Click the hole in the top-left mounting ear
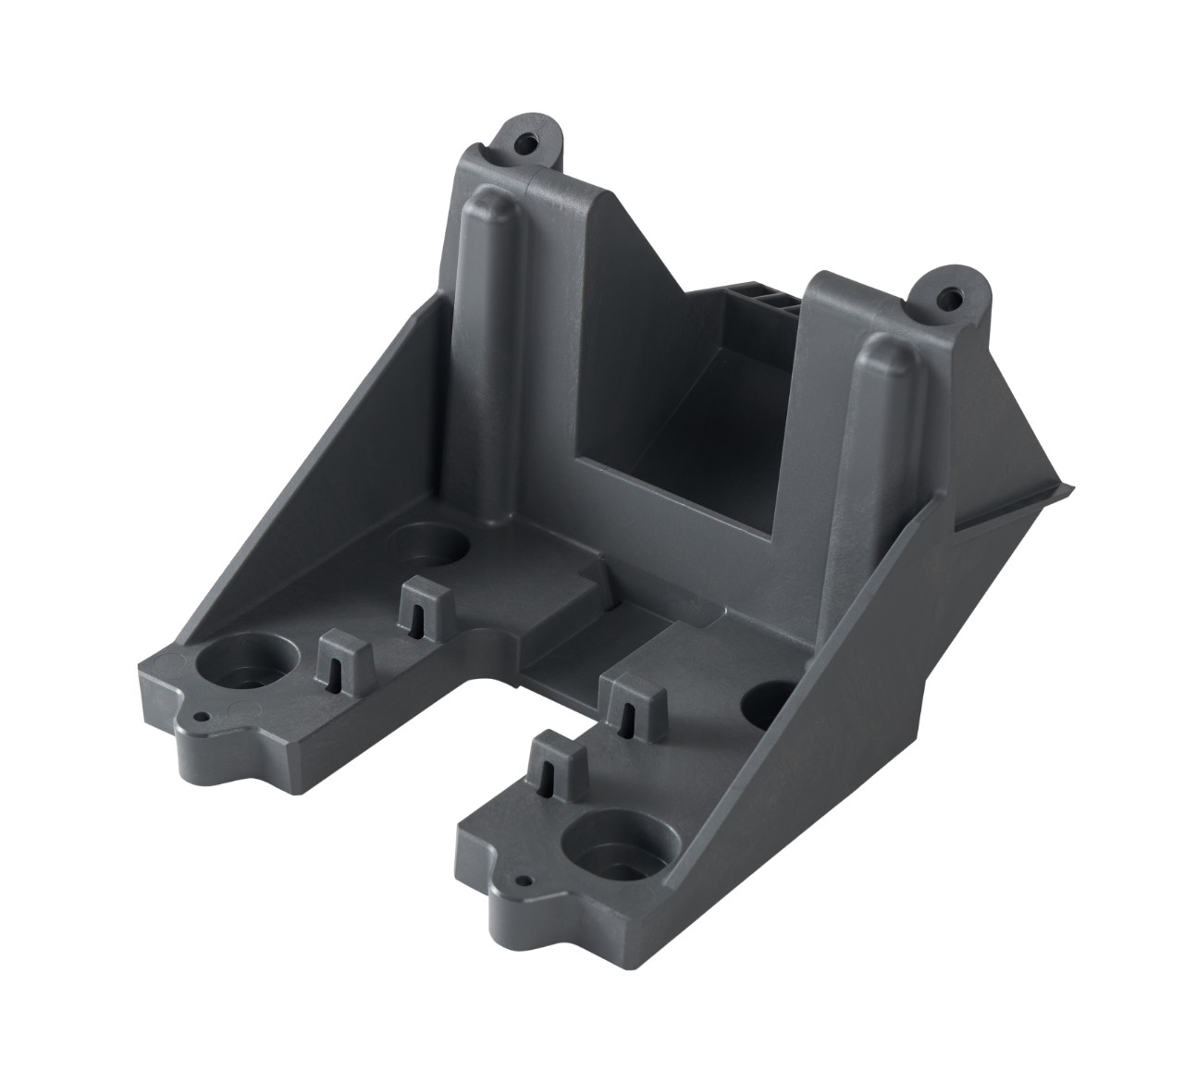[x=527, y=144]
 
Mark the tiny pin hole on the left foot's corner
[x=197, y=715]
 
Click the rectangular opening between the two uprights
[x=666, y=462]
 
